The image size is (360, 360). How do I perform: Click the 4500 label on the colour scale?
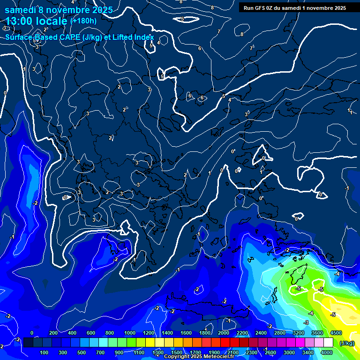coord(336,333)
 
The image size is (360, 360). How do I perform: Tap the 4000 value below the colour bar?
coord(327,352)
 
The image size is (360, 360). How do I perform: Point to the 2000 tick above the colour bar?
coord(223,333)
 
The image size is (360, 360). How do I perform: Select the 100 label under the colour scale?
coord(45,352)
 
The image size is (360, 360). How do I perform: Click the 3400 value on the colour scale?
coord(307,352)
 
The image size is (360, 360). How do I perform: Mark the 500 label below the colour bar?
coord(82,352)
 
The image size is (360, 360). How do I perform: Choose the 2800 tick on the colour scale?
coord(280,333)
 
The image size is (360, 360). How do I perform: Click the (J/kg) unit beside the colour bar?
coord(347,343)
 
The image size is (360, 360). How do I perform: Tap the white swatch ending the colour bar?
coord(328,343)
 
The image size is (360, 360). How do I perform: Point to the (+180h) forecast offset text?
coord(83,21)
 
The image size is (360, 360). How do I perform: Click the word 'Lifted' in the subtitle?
coord(122,37)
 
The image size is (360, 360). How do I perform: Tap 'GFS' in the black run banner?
coord(260,7)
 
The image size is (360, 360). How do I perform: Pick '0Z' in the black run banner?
coord(270,7)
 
